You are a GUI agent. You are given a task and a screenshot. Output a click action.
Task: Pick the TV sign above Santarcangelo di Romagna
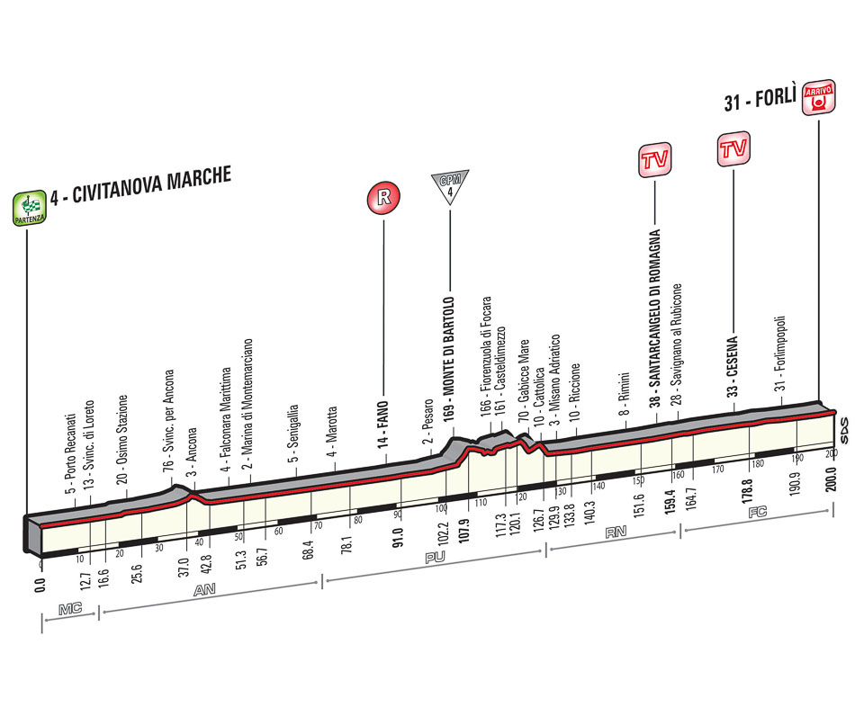click(656, 160)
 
